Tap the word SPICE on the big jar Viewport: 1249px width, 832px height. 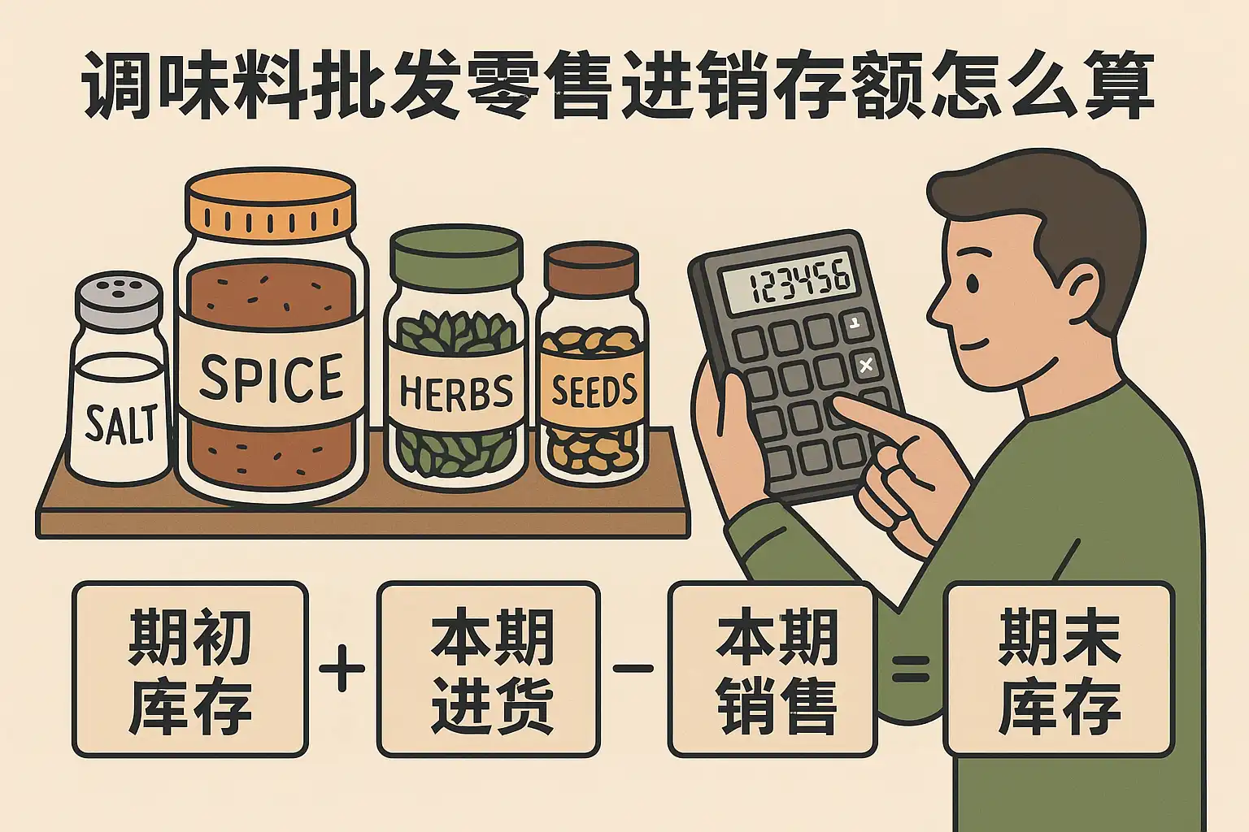point(271,377)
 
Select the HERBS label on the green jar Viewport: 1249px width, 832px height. point(456,391)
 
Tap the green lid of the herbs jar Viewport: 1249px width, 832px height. point(456,255)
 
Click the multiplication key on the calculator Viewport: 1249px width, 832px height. point(865,366)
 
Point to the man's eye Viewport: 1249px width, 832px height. point(972,283)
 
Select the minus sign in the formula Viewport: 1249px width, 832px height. point(633,668)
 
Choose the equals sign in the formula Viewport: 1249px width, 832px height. point(911,669)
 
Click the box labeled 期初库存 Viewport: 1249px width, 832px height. point(190,669)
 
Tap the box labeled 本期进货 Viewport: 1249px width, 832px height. point(489,669)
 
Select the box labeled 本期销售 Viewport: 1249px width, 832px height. point(772,669)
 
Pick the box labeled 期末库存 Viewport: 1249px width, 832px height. point(1059,669)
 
